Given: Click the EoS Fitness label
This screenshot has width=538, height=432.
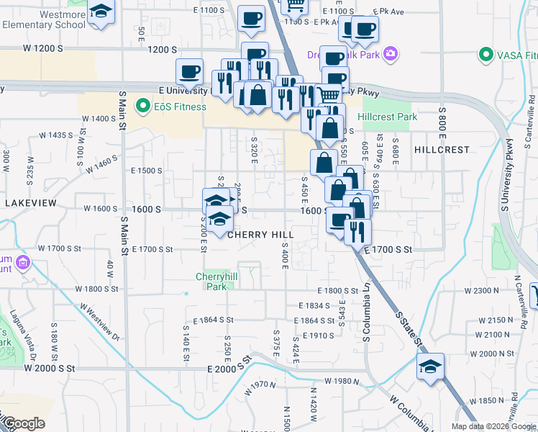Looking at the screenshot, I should pos(179,107).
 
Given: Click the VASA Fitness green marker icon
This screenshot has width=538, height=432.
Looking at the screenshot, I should pos(486,55).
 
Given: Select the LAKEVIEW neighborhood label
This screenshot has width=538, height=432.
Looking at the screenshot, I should pos(30,204).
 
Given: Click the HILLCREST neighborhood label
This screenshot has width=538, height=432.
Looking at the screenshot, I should pos(442,150).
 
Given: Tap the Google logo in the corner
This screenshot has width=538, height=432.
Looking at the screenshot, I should pos(23,423).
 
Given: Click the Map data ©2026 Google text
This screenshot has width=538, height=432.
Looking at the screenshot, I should pos(493,426).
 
